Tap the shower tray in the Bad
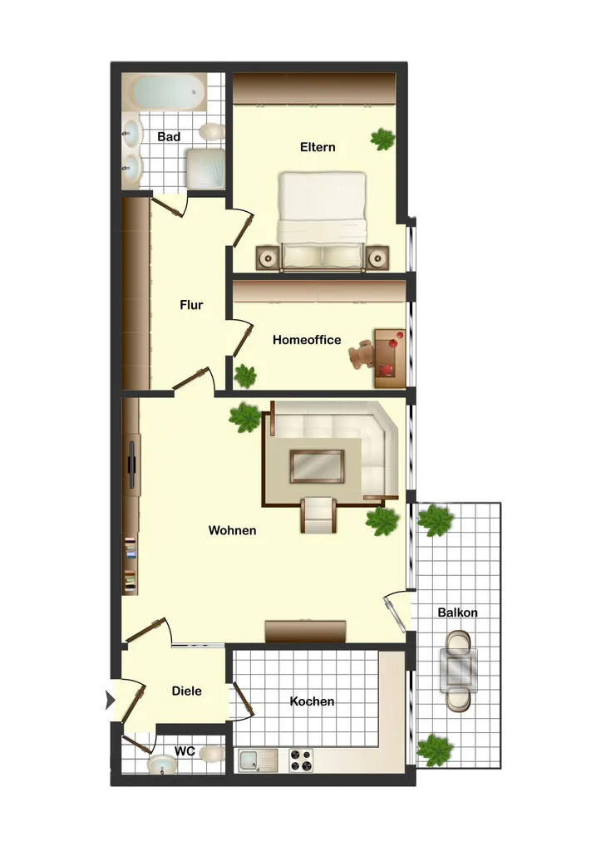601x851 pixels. pyautogui.click(x=205, y=169)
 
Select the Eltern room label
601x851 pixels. pyautogui.click(x=318, y=147)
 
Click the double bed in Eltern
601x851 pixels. pyautogui.click(x=322, y=221)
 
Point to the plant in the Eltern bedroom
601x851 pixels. pyautogui.click(x=382, y=139)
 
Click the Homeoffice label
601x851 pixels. pyautogui.click(x=307, y=340)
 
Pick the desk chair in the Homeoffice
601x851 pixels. pyautogui.click(x=362, y=354)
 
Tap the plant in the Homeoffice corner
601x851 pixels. pyautogui.click(x=245, y=376)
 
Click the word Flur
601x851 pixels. pyautogui.click(x=191, y=305)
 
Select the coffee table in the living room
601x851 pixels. pyautogui.click(x=317, y=466)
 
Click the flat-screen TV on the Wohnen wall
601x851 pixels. pyautogui.click(x=131, y=465)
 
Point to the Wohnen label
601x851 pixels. pyautogui.click(x=233, y=530)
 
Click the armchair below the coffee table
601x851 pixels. pyautogui.click(x=318, y=514)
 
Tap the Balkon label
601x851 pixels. pyautogui.click(x=458, y=612)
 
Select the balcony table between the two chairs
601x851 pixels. pyautogui.click(x=459, y=671)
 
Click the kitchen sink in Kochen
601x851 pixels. pyautogui.click(x=258, y=760)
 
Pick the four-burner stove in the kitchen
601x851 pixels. pyautogui.click(x=301, y=760)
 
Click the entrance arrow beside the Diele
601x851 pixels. pyautogui.click(x=111, y=700)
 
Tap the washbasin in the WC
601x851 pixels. pyautogui.click(x=162, y=765)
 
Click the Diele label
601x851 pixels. pyautogui.click(x=187, y=691)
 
